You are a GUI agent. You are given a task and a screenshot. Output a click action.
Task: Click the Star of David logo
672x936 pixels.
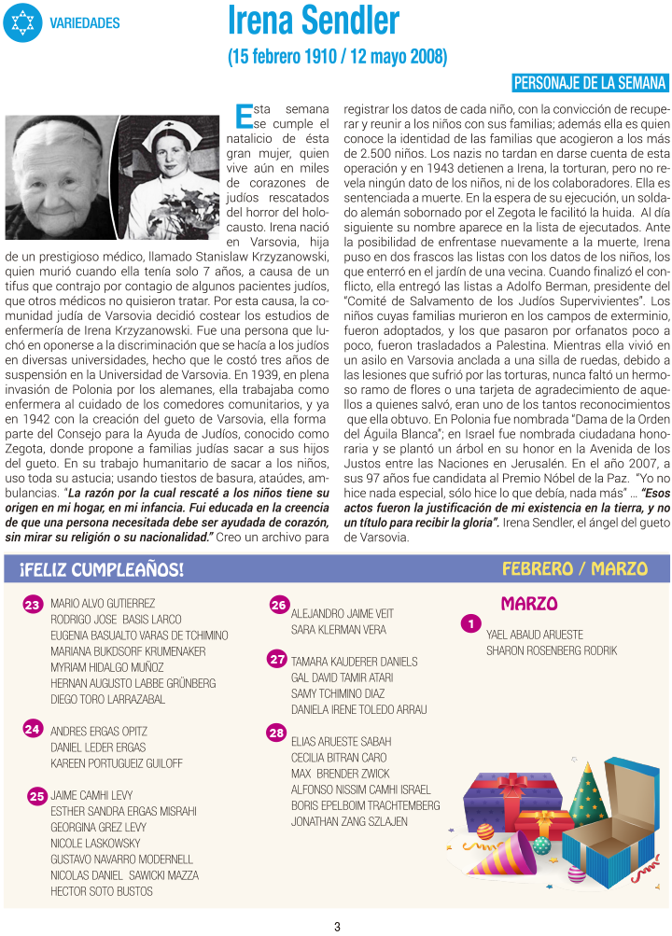(22, 22)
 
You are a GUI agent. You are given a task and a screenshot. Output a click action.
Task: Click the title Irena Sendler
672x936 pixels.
(314, 20)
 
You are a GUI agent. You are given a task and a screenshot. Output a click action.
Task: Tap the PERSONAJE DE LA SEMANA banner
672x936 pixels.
(591, 82)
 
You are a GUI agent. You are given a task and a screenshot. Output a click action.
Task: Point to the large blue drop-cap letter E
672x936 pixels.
(245, 117)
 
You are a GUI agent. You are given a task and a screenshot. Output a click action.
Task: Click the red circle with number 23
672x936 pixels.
(33, 606)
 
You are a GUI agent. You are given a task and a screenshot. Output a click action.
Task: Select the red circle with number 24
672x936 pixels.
(33, 728)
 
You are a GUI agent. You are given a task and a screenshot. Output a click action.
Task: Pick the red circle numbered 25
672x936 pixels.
(37, 796)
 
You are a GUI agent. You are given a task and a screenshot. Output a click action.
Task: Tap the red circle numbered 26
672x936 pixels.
(278, 605)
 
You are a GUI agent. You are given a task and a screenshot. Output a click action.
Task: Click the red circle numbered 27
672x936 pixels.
(276, 659)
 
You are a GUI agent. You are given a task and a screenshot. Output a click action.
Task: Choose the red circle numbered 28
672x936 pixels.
(276, 733)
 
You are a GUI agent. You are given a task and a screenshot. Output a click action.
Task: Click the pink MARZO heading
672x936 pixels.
(529, 604)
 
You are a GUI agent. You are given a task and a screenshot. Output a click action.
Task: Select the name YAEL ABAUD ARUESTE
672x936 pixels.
(534, 634)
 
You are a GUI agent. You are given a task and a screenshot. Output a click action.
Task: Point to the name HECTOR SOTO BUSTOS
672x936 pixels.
(102, 891)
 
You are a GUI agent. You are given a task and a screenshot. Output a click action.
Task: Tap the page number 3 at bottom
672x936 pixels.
(337, 927)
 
